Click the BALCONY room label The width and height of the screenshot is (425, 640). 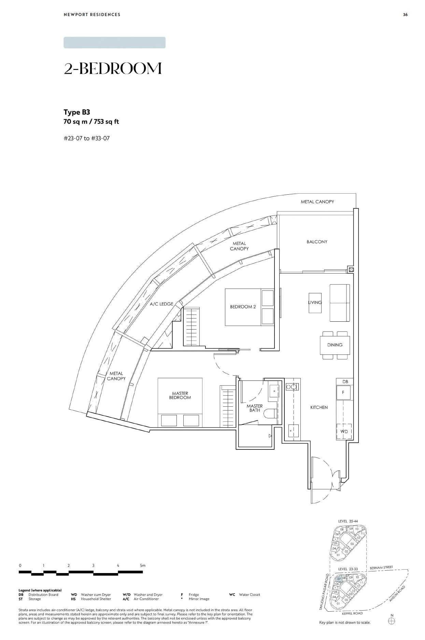coord(317,242)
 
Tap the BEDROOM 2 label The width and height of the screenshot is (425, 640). coord(243,307)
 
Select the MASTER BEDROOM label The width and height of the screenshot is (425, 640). coord(180,395)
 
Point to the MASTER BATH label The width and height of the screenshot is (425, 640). coord(255,408)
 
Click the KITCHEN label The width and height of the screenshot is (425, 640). coord(319,407)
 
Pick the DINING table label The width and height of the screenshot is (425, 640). coord(335,345)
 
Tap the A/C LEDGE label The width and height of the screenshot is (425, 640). coord(161,304)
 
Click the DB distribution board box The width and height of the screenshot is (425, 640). coord(345,381)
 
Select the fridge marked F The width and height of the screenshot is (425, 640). coord(343,393)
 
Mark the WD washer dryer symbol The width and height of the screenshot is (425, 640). coord(344,432)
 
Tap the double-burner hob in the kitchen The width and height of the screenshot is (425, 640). coord(292,387)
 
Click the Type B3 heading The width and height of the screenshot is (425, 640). coord(77,112)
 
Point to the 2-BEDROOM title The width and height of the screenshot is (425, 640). coord(113,69)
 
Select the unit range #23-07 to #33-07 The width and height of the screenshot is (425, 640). coord(87,138)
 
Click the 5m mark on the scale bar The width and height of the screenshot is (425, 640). coord(142,565)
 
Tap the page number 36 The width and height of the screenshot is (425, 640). coord(405,15)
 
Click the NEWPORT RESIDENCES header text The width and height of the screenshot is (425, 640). coord(92,15)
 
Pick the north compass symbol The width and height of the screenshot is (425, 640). coord(392,621)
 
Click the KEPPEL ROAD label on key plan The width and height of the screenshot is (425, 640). coord(352,613)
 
